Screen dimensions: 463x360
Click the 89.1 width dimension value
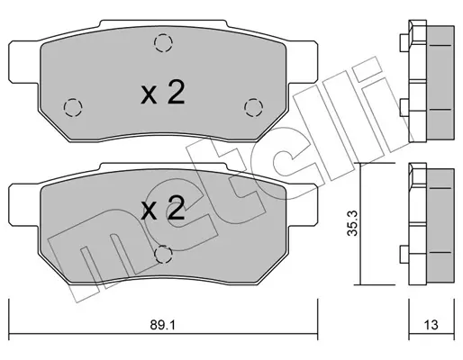[x=162, y=325]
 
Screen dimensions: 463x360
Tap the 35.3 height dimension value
[x=352, y=223]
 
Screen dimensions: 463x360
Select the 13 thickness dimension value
[x=431, y=325]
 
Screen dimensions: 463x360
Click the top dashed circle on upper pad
[x=163, y=43]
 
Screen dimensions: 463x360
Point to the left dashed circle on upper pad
[x=73, y=107]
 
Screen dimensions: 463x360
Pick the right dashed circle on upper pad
[x=254, y=107]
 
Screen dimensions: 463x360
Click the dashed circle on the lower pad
[x=163, y=255]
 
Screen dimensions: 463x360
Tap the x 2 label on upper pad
[x=162, y=92]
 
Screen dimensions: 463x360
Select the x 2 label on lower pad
[x=162, y=208]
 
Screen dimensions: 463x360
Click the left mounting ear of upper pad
[x=24, y=62]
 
